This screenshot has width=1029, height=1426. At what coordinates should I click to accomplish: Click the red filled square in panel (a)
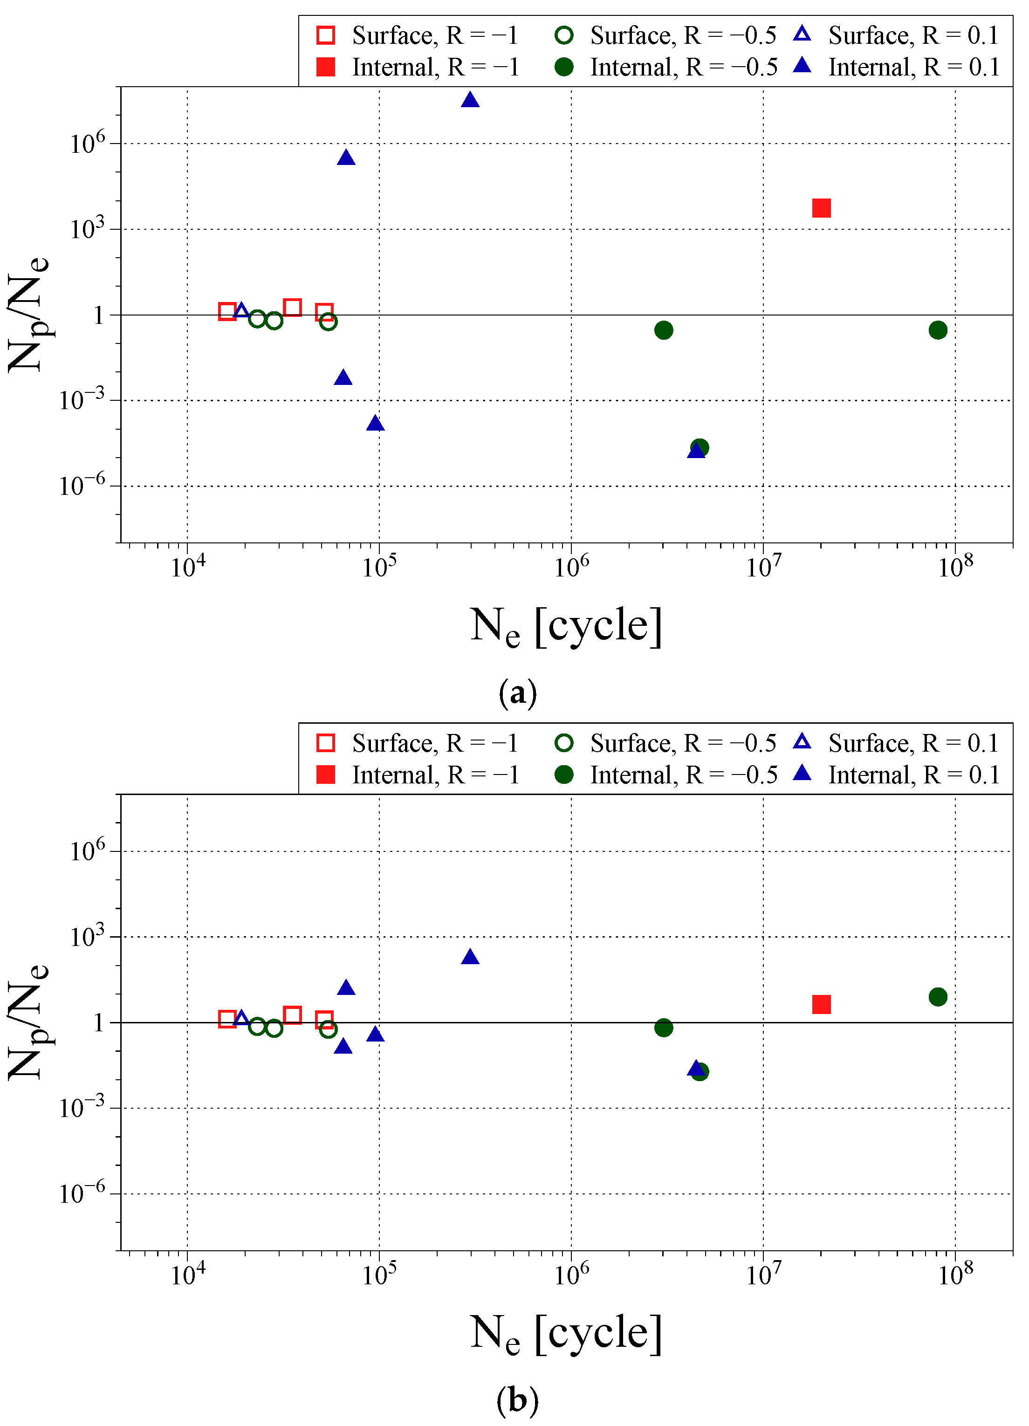tap(821, 208)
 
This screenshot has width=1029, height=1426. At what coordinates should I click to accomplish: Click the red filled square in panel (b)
tap(821, 1004)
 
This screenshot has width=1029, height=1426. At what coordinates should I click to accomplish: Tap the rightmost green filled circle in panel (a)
tap(937, 330)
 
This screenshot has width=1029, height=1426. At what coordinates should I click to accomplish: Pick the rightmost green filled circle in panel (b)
tap(937, 996)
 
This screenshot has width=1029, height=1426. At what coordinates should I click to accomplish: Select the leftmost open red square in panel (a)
tap(227, 311)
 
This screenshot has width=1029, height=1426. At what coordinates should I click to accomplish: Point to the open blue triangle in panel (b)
tap(241, 1018)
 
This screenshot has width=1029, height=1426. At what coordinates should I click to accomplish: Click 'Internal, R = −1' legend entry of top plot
tap(418, 67)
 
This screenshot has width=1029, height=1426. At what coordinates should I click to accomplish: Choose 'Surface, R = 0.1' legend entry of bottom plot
tap(896, 743)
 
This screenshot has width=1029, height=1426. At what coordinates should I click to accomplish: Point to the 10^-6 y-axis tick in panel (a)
tap(82, 486)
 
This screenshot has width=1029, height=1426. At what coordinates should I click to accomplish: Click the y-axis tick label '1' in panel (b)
tap(99, 1023)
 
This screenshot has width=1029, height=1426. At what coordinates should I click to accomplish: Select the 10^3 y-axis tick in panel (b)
tap(87, 937)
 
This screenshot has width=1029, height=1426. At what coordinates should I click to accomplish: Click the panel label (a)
tap(517, 693)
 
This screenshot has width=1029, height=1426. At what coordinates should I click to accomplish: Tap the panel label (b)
tap(517, 1401)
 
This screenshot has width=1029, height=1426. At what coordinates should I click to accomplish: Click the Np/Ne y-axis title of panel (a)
tap(28, 315)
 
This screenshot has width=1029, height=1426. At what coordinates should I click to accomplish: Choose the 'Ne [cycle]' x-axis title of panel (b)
tap(566, 1334)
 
